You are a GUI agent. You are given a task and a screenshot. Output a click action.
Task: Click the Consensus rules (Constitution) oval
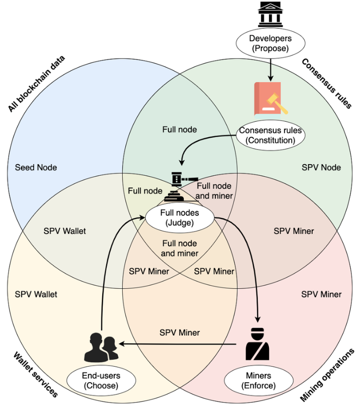click(270, 135)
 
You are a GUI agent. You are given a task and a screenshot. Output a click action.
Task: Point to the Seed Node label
click(39, 167)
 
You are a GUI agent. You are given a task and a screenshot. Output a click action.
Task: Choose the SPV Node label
click(321, 167)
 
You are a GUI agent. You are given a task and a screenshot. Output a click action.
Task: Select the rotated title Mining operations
click(327, 374)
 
